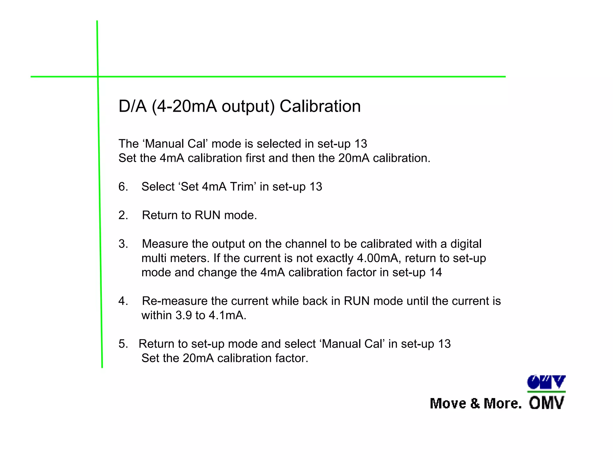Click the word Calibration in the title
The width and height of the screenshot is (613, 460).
(320, 106)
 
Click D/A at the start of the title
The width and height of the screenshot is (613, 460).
(133, 106)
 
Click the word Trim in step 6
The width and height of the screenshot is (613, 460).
(243, 187)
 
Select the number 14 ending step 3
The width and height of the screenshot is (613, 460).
(436, 273)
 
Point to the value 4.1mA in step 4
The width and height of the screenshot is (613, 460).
(227, 315)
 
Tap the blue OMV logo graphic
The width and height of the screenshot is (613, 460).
(546, 382)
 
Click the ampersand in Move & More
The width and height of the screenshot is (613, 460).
(475, 403)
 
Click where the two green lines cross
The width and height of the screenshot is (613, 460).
(98, 77)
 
